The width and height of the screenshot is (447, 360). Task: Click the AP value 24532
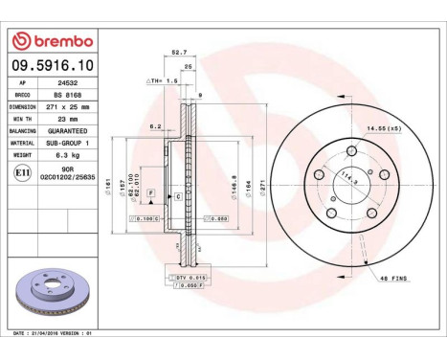[64, 85]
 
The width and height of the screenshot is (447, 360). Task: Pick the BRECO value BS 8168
[64, 97]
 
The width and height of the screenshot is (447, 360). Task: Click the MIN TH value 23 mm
[65, 119]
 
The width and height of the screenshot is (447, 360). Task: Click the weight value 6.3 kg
[65, 153]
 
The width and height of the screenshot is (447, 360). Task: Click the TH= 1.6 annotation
[160, 81]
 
